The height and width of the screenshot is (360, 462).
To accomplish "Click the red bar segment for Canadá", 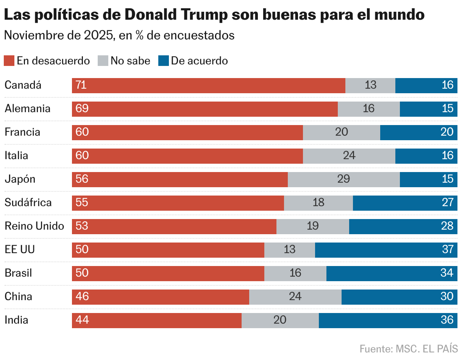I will [208, 85].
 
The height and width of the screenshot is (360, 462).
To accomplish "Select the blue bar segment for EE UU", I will [386, 250].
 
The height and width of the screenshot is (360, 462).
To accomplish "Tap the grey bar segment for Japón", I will [343, 179].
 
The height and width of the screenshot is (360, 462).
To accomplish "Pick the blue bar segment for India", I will [388, 320].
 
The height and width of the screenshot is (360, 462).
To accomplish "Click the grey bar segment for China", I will [295, 297].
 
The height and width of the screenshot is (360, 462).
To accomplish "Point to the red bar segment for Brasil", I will [168, 273].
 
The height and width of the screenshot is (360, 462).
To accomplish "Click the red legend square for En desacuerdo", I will [9, 61].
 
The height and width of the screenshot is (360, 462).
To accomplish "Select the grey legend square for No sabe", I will [103, 61].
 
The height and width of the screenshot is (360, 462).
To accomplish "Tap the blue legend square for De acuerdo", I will [164, 61].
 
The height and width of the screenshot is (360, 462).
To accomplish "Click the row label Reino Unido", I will [34, 226].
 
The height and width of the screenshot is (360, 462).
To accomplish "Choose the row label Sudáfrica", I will [28, 203].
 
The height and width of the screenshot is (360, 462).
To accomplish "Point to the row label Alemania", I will [27, 109].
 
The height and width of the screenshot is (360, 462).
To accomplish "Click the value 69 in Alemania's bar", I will [82, 109].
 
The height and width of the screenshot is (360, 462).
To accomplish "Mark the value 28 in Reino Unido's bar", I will [447, 226].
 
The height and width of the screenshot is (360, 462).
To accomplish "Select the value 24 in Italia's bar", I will [349, 156].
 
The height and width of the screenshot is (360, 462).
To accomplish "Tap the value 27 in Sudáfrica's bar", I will [447, 203].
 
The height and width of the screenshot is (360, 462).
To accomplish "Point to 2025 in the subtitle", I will [99, 36].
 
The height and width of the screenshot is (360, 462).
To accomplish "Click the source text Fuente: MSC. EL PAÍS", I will [408, 349].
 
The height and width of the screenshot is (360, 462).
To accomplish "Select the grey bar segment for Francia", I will [341, 132].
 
